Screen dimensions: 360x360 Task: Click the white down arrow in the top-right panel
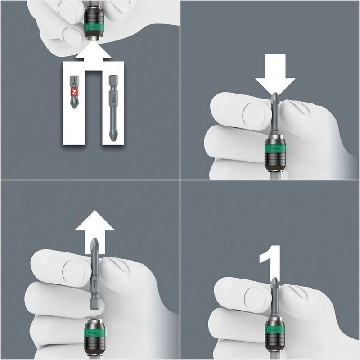275,79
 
